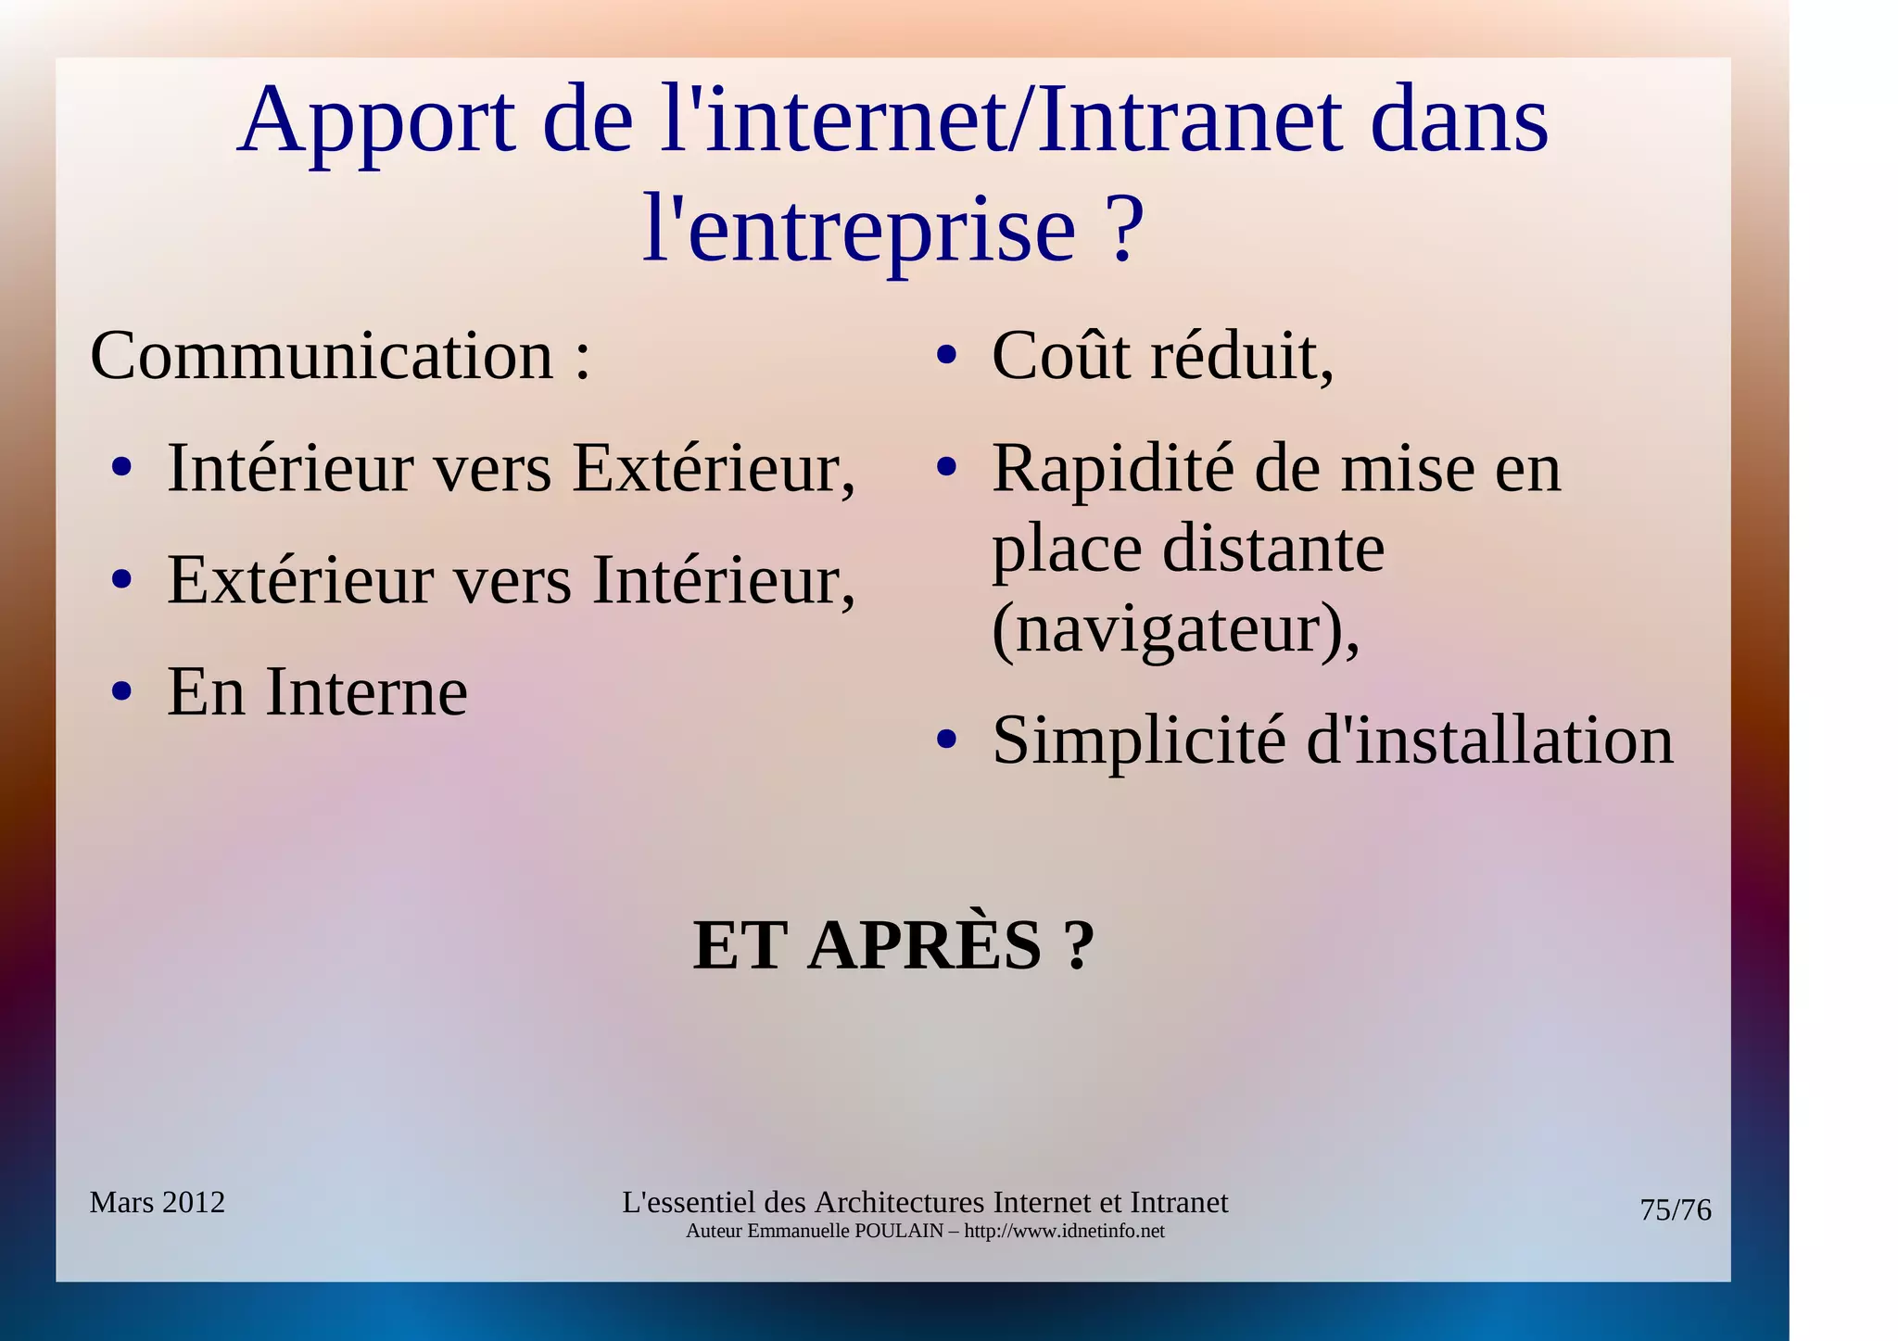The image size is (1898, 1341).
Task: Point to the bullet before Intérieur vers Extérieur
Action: pos(121,469)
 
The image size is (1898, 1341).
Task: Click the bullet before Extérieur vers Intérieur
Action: pos(121,581)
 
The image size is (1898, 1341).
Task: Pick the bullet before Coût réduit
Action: pos(945,356)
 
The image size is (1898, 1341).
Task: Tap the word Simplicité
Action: pos(1139,741)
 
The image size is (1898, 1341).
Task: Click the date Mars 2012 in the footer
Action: pos(157,1202)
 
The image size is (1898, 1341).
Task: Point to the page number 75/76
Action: pos(1675,1210)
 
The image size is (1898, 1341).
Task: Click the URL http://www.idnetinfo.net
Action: pos(1064,1232)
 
